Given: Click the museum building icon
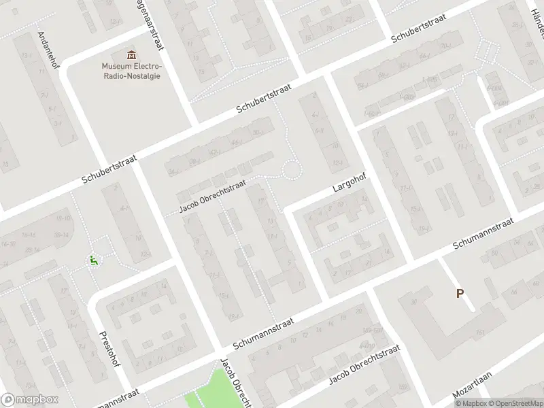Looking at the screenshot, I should (x=131, y=54).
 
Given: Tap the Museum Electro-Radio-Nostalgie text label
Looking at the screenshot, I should (x=132, y=71).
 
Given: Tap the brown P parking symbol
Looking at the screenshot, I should (x=460, y=294).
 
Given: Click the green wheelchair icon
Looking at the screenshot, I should (x=93, y=259).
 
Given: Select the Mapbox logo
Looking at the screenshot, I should (x=30, y=400).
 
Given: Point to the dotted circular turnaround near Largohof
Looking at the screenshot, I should (x=292, y=169).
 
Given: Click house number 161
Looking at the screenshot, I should (x=480, y=333).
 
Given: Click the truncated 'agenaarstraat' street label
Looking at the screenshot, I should (x=152, y=24).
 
